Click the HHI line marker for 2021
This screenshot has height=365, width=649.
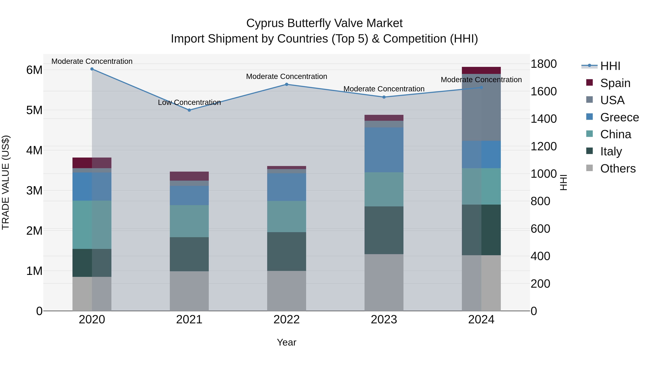(x=189, y=110)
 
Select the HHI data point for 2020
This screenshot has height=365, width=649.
(x=92, y=69)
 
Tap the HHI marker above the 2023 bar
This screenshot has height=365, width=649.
(x=384, y=97)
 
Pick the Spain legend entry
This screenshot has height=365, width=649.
(x=615, y=83)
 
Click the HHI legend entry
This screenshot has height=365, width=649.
(x=610, y=66)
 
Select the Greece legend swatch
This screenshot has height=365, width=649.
(x=590, y=117)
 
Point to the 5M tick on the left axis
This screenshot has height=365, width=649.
(x=34, y=110)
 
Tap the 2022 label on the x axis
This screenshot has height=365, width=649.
(x=286, y=319)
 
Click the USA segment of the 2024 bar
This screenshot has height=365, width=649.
(x=481, y=107)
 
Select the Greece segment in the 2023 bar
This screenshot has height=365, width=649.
(x=384, y=150)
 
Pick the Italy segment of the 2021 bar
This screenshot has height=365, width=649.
(x=189, y=254)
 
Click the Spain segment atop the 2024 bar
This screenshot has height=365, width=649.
(x=481, y=70)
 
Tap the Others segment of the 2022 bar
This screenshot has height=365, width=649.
(x=286, y=291)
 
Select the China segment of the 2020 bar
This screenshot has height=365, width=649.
(x=92, y=225)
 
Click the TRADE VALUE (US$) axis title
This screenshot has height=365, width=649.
(x=6, y=182)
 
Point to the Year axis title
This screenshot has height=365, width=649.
(x=286, y=342)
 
